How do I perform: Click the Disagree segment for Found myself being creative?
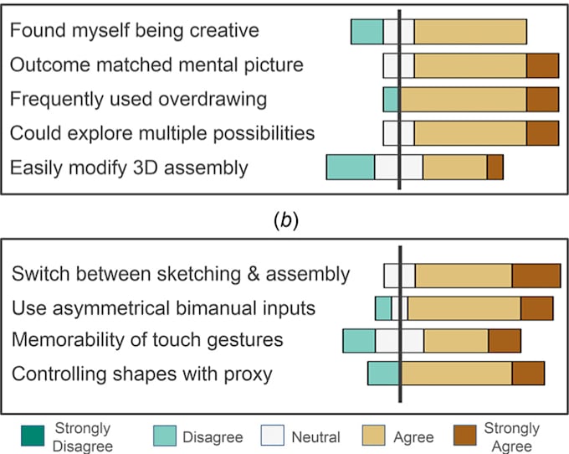[x=367, y=31]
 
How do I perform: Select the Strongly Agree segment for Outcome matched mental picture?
[x=542, y=65]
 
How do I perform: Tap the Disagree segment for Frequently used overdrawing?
[x=391, y=99]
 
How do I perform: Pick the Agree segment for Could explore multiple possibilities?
[x=470, y=132]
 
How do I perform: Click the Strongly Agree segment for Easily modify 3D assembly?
[x=495, y=167]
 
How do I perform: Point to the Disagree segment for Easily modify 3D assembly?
[x=350, y=167]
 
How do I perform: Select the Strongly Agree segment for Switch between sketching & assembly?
[x=536, y=276]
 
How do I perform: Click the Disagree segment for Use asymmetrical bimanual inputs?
[x=383, y=308]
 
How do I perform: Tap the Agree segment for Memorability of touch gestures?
[x=456, y=341]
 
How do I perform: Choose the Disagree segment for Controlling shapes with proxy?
[x=383, y=374]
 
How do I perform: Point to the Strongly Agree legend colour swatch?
[x=464, y=436]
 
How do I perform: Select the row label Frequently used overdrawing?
[x=138, y=99]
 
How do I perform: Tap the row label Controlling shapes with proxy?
[x=141, y=374]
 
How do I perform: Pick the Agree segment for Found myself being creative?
[x=470, y=31]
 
